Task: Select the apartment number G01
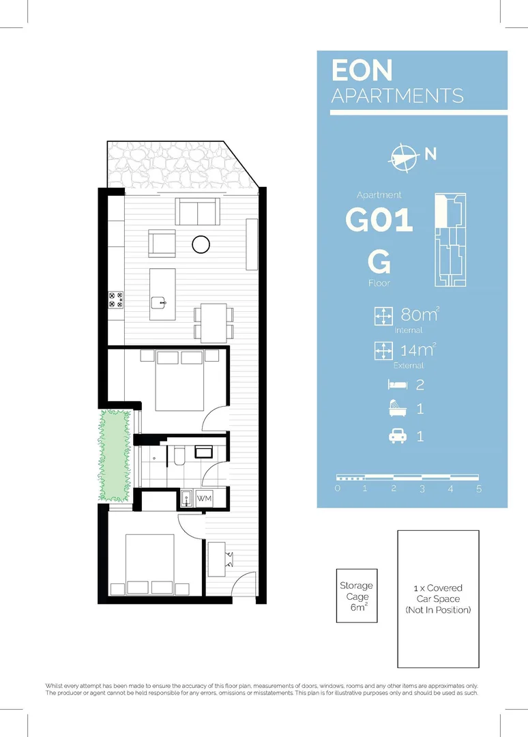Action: tap(379, 220)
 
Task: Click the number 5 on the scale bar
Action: tap(480, 489)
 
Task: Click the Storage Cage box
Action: tap(356, 596)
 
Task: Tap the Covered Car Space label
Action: tap(438, 598)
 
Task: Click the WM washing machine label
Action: tap(205, 499)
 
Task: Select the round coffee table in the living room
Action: tap(201, 244)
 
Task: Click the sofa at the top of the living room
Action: tap(198, 212)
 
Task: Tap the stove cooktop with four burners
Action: tap(116, 300)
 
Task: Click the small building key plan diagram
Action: tap(450, 240)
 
